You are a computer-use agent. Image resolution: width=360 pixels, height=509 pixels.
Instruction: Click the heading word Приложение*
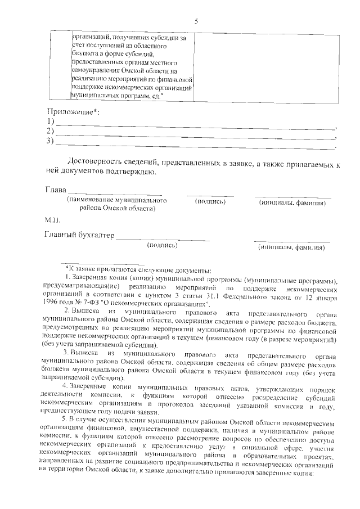(71, 111)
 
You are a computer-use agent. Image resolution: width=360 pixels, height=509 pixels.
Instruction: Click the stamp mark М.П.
(52, 219)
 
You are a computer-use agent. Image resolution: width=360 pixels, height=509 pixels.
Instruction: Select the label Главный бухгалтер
(79, 235)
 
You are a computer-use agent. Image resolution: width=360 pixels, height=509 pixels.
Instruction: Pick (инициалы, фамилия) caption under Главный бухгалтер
(291, 247)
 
